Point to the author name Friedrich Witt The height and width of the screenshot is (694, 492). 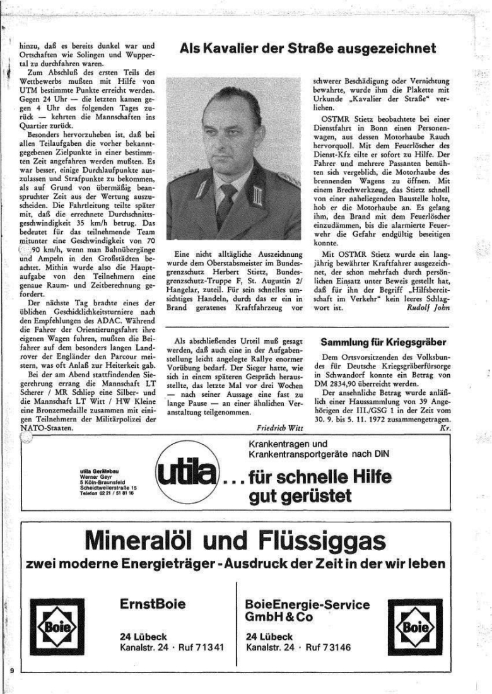point(281,426)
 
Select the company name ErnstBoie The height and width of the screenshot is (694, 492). point(152,604)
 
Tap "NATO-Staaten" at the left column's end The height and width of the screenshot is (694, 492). point(47,427)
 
